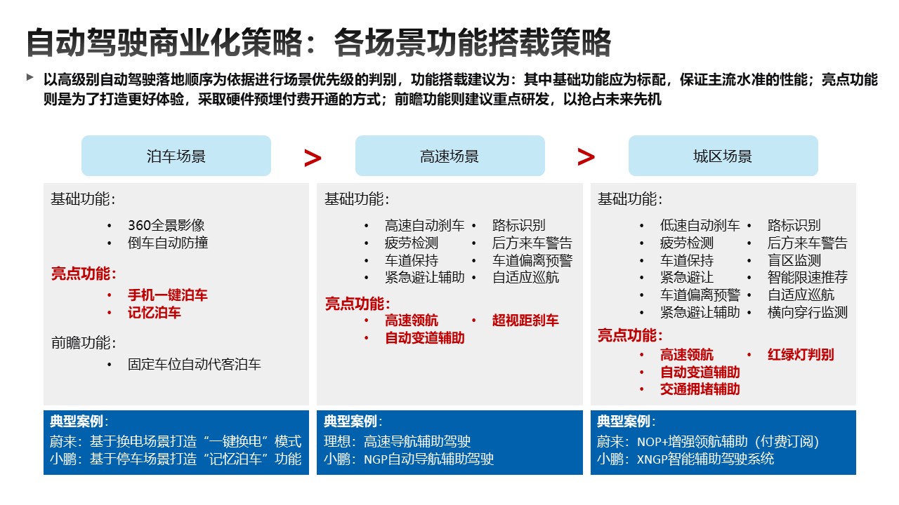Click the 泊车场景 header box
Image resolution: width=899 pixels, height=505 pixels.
click(x=176, y=156)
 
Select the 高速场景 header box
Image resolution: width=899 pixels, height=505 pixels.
click(x=450, y=156)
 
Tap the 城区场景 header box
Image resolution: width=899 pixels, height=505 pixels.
click(x=723, y=156)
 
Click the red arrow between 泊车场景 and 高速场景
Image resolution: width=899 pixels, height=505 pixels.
click(x=313, y=158)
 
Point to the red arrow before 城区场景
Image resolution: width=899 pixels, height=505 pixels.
click(x=586, y=156)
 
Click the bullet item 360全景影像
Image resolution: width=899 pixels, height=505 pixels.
click(x=166, y=225)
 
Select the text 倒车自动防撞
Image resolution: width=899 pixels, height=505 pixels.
click(x=168, y=243)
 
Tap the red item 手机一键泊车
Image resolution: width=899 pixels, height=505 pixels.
click(x=168, y=295)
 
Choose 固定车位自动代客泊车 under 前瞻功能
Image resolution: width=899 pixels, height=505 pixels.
click(x=195, y=364)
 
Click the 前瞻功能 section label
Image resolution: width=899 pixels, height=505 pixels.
click(x=84, y=343)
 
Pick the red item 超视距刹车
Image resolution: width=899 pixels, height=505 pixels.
click(x=525, y=321)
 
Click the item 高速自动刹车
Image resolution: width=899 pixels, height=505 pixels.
click(x=425, y=226)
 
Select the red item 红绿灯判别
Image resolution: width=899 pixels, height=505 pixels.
click(x=801, y=355)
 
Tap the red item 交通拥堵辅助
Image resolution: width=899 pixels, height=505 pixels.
click(x=700, y=389)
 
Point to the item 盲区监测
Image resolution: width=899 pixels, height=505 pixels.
click(x=794, y=260)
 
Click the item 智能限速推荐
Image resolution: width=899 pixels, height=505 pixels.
click(x=808, y=277)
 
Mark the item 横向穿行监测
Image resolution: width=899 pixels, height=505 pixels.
click(x=808, y=312)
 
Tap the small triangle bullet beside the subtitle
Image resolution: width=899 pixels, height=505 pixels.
click(x=29, y=77)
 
